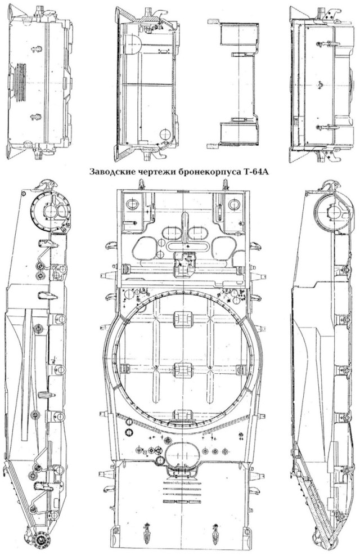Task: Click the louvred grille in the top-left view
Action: click(x=20, y=83)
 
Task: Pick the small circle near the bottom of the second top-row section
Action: click(x=165, y=135)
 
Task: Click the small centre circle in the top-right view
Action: click(x=319, y=86)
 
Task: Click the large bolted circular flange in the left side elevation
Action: click(x=52, y=212)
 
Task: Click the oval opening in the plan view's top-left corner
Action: click(x=133, y=204)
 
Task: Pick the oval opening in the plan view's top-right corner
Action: click(x=234, y=204)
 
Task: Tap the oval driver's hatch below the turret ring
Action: click(x=182, y=454)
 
